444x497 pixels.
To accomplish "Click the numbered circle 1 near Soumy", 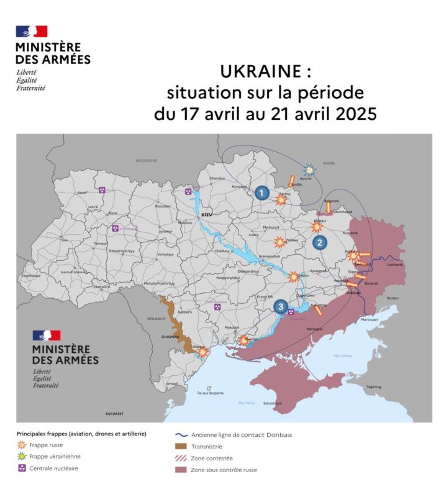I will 262,193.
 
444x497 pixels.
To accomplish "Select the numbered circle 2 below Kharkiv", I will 320,242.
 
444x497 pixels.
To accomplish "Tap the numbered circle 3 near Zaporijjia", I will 281,306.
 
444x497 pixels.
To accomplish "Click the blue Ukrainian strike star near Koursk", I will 310,168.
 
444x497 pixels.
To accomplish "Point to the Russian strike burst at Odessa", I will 202,352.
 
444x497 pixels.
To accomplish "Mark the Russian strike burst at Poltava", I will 280,241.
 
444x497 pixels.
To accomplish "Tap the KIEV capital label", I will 206,214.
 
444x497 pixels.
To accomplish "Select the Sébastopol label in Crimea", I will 273,403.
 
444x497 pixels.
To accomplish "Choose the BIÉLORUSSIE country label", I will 147,160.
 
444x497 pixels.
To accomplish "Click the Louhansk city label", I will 395,265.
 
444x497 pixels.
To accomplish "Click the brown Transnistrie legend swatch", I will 181,446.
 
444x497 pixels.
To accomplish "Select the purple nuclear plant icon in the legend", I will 22,468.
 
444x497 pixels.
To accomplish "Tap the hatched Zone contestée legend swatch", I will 181,458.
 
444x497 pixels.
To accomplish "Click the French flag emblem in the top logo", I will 32,32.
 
